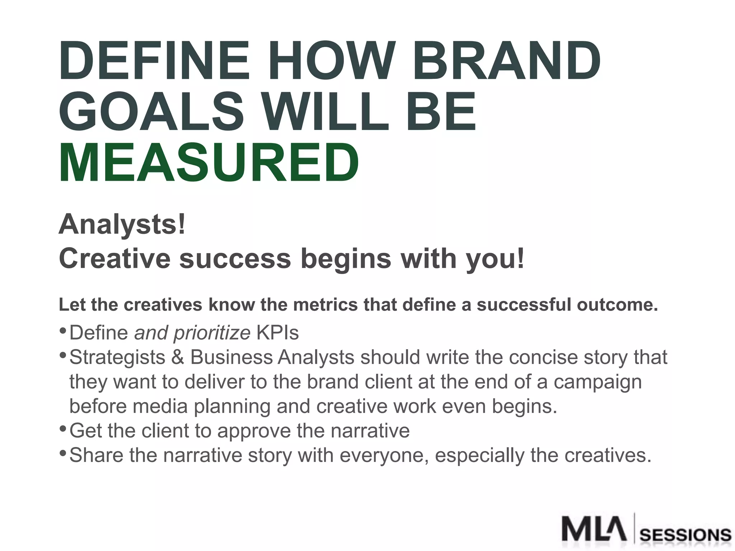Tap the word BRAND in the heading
(x=506, y=61)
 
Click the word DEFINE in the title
(x=154, y=61)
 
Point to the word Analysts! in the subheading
(x=122, y=225)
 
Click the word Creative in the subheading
(x=114, y=258)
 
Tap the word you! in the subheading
(x=495, y=259)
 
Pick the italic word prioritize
(x=212, y=333)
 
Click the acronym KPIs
(x=277, y=333)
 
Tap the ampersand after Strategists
(x=178, y=357)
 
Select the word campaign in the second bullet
(x=598, y=382)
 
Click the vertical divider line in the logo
(x=634, y=528)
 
